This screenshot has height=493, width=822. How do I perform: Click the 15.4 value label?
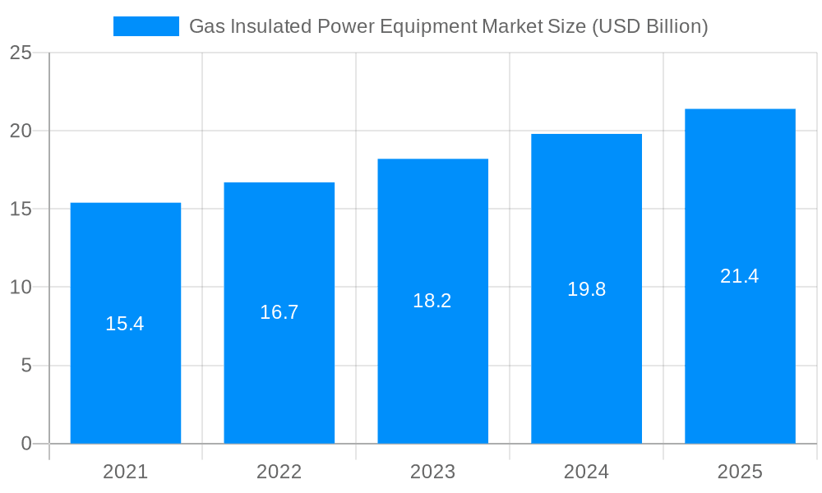[125, 324]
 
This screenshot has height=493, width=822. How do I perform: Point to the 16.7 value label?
[279, 312]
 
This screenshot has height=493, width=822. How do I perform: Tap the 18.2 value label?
[432, 301]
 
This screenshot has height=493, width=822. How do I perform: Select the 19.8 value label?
[586, 289]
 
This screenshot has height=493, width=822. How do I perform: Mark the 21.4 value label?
[740, 276]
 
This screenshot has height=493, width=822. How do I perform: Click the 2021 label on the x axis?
[125, 472]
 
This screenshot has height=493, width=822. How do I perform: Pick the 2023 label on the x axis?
[432, 472]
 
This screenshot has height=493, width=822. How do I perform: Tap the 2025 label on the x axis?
[740, 472]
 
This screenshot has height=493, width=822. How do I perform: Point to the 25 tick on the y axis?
[21, 53]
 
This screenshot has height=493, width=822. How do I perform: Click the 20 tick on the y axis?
[21, 131]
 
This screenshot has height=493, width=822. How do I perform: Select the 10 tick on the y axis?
[21, 288]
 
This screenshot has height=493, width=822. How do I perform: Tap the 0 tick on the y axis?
[25, 444]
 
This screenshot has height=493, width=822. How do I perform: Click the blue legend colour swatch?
[145, 26]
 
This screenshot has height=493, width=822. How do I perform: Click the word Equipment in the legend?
[427, 26]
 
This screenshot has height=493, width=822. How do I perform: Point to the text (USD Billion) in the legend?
[649, 26]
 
